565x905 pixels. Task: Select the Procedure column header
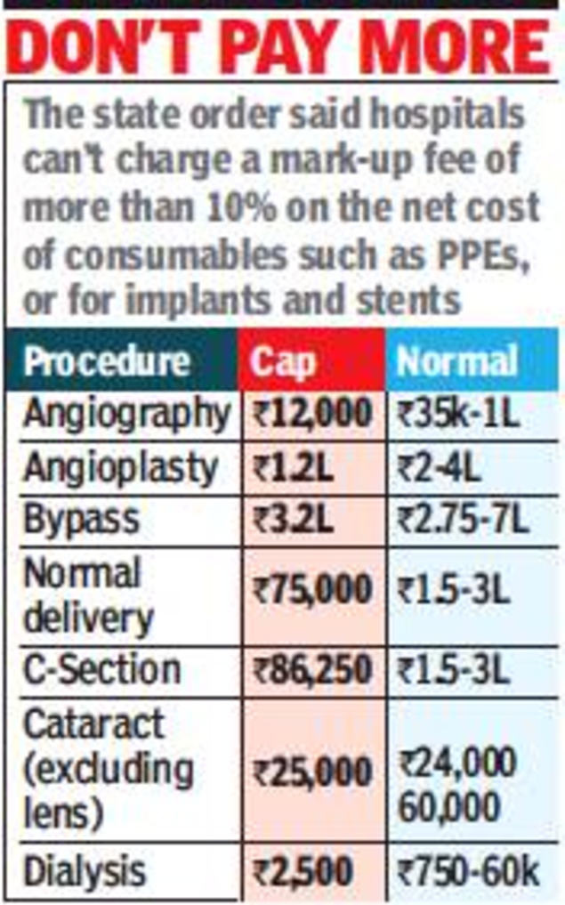tap(107, 360)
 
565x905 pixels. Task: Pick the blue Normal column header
tap(457, 360)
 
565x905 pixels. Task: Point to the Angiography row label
tap(125, 414)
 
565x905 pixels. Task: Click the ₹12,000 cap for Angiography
tap(311, 414)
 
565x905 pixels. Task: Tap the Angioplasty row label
tap(121, 467)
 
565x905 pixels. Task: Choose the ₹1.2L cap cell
tap(293, 467)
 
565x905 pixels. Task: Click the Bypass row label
tap(82, 519)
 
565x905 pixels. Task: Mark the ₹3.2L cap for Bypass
tap(293, 519)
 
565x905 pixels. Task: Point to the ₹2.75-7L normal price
tap(464, 519)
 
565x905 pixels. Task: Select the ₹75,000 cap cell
tap(311, 591)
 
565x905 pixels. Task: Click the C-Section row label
tap(102, 668)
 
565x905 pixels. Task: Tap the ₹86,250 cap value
tap(311, 668)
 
